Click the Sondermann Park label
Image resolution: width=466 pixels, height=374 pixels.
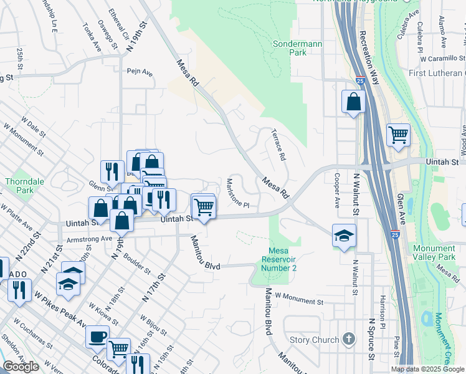(290, 48)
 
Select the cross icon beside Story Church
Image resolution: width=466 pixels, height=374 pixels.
(349, 340)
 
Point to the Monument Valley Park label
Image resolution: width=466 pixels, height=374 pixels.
(434, 252)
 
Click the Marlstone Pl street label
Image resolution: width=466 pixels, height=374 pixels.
(237, 194)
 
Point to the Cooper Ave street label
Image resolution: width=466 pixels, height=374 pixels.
(336, 190)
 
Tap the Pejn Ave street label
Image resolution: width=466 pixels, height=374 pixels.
(140, 72)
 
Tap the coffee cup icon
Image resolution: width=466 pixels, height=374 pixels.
(97, 337)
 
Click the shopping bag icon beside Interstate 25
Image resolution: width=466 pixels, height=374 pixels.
(353, 102)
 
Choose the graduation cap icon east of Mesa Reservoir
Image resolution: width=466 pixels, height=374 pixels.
(343, 236)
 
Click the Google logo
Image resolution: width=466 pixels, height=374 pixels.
(21, 367)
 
